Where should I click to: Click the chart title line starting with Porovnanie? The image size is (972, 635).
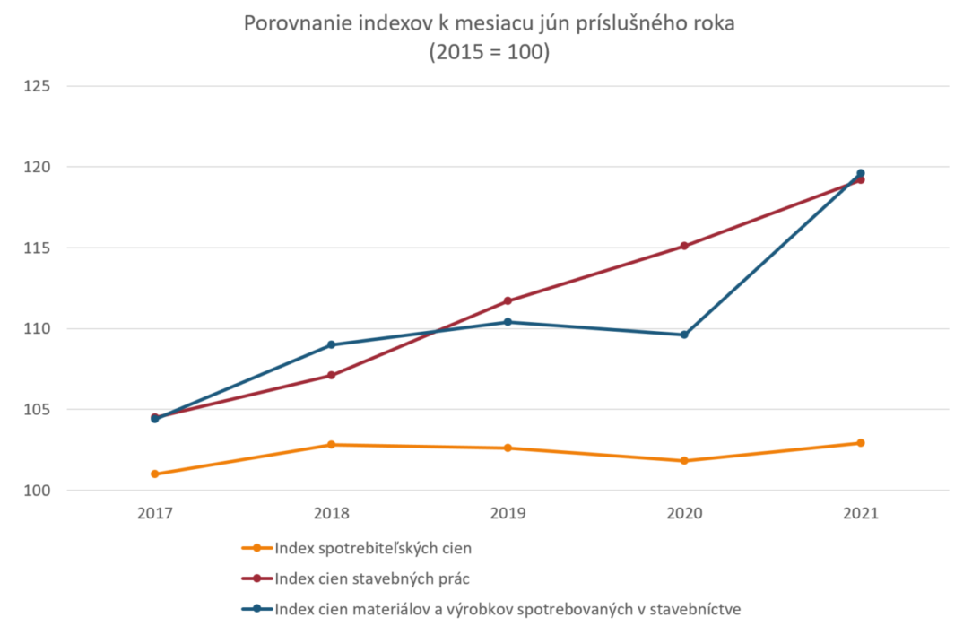489,24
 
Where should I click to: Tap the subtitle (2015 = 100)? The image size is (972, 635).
489,52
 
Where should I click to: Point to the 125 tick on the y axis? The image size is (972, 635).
38,86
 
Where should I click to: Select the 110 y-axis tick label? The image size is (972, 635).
38,329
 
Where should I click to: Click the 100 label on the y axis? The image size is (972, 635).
38,491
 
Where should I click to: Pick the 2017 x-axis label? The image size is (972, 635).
155,514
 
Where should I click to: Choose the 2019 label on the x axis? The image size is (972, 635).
508,514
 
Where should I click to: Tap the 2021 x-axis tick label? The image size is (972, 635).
861,514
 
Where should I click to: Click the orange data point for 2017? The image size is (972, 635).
155,474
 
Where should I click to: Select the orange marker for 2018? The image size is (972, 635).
331,445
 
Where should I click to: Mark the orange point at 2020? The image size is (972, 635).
684,461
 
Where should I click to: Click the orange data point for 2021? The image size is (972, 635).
861,443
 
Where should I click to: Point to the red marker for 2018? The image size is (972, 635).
331,375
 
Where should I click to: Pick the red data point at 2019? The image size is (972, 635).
508,300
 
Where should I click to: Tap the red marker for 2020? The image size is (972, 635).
684,246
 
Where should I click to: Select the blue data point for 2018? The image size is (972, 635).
331,344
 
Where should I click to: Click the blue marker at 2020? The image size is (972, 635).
684,335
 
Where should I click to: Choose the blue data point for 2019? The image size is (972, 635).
508,322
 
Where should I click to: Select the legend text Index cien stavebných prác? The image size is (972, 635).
371,578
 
